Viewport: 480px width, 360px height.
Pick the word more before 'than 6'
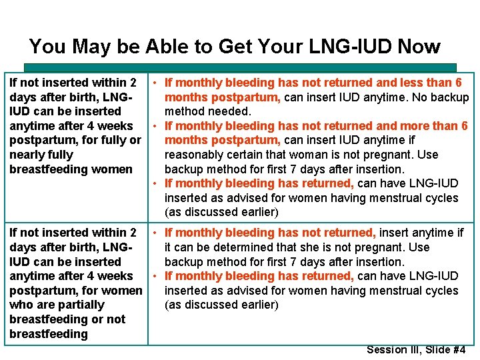pyautogui.click(x=406, y=126)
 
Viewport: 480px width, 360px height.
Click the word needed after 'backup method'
pyautogui.click(x=231, y=111)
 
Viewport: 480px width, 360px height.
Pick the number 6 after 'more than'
pyautogui.click(x=465, y=126)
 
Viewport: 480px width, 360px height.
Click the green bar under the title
pyautogui.click(x=240, y=67)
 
